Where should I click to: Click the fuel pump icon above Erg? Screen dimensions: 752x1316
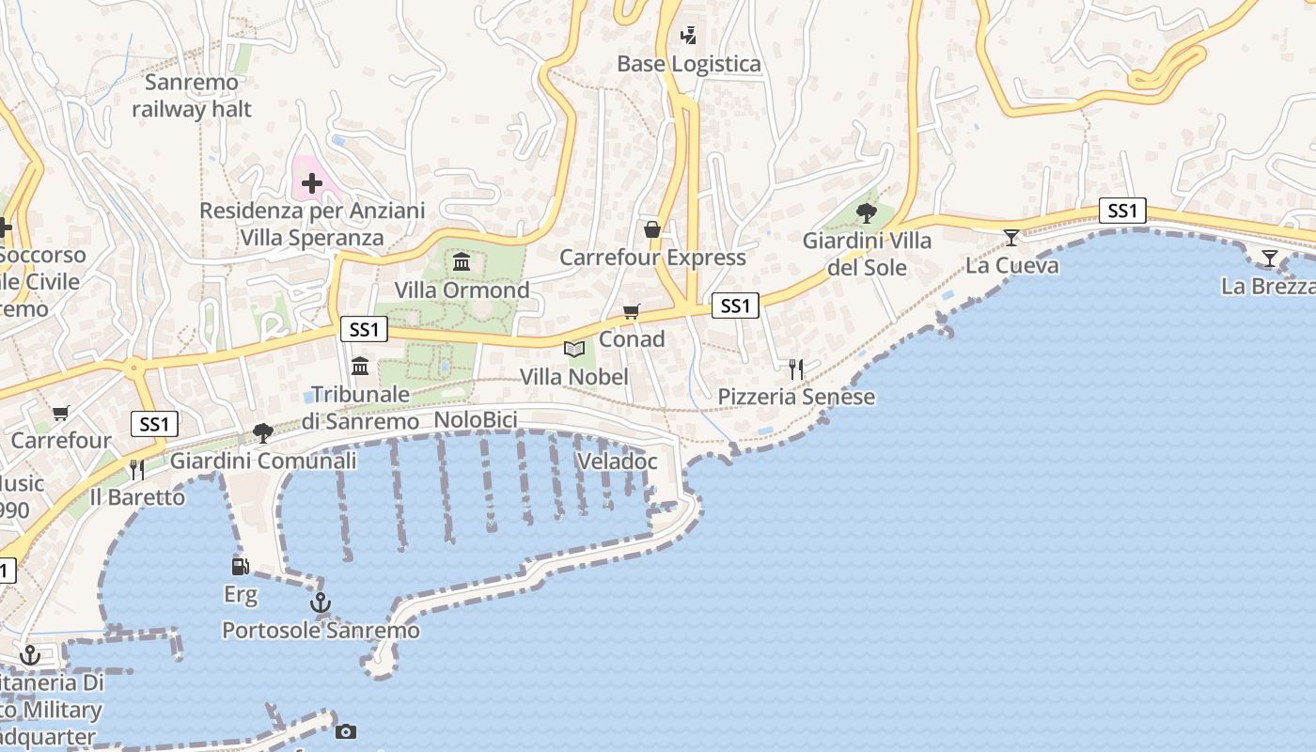pos(241,566)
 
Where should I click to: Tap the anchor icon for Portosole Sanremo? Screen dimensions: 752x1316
pos(321,602)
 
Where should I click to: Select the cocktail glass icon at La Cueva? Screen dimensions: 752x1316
pos(1011,238)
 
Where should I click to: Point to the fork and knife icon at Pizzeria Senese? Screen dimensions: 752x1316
pos(796,368)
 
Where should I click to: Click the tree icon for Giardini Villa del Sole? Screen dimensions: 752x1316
pos(866,213)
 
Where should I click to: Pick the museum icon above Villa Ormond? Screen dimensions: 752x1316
pos(462,261)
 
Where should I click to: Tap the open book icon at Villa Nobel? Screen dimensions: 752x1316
pos(573,349)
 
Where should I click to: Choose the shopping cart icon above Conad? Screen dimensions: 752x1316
pos(632,311)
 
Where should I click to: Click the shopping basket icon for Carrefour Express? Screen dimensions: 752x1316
pos(651,229)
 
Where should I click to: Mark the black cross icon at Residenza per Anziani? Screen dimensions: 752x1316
pos(312,183)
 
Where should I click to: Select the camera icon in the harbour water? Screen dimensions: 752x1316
pos(346,731)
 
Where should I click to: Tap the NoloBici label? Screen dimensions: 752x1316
pos(476,420)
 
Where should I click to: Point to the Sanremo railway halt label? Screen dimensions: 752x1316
pos(192,96)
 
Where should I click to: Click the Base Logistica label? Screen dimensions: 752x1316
pos(689,64)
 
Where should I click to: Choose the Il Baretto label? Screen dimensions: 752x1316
pos(137,497)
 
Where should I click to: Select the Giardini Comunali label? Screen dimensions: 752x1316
pos(263,461)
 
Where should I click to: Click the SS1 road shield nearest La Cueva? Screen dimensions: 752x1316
pos(1122,211)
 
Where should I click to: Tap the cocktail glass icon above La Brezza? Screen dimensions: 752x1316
pos(1270,258)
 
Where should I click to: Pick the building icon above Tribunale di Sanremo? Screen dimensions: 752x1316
pos(360,366)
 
